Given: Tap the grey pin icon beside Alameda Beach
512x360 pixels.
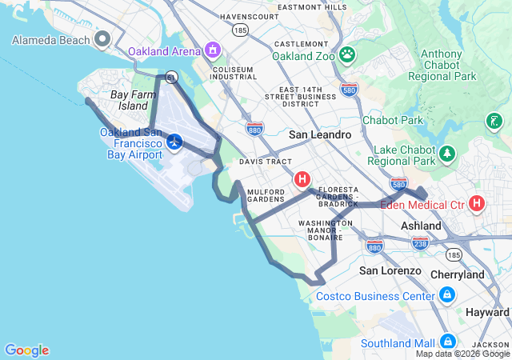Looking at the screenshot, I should (x=102, y=38).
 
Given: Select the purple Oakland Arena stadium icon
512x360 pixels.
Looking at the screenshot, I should (x=212, y=51).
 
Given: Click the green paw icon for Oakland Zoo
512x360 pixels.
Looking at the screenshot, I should (x=347, y=55).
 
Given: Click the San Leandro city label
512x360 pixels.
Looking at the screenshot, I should (x=320, y=134).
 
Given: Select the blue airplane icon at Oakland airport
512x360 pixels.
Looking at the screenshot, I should (x=174, y=142).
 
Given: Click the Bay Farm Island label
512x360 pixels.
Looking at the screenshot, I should (x=128, y=100).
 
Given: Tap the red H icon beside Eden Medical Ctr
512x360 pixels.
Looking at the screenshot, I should (x=477, y=203).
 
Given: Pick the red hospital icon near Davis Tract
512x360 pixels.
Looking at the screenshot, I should (x=302, y=179).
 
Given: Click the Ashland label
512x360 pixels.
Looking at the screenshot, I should (x=421, y=226).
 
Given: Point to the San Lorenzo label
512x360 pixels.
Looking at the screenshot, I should (x=390, y=270).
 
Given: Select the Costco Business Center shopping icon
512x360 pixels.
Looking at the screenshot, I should (x=446, y=296).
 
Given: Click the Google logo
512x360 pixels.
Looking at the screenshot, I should (x=26, y=350).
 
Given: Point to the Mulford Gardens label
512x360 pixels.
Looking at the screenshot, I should (x=266, y=196).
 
